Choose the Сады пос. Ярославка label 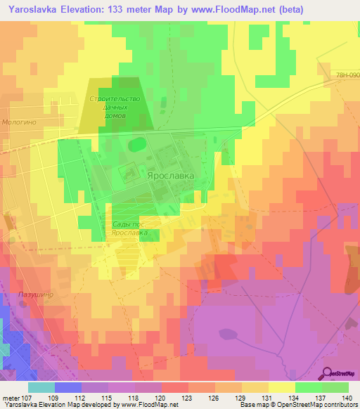pos(130,228)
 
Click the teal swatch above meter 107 pos(41,387)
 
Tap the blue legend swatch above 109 pos(67,387)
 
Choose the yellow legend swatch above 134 pos(281,387)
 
